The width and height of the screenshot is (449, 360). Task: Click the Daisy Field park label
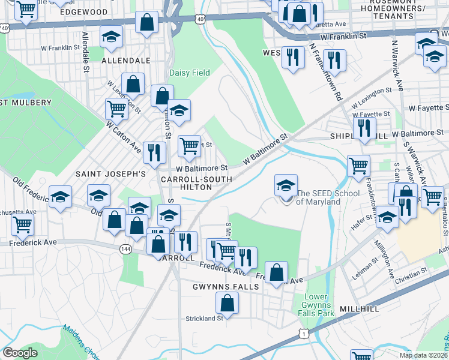pyautogui.click(x=189, y=73)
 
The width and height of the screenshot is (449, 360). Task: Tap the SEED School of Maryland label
pyautogui.click(x=328, y=197)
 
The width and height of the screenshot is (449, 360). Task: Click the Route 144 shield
pyautogui.click(x=126, y=250)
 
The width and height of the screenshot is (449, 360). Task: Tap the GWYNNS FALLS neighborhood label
pyautogui.click(x=225, y=287)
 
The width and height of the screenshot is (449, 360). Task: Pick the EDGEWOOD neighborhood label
pyautogui.click(x=84, y=12)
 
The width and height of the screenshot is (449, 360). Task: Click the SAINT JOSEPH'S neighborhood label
pyautogui.click(x=110, y=173)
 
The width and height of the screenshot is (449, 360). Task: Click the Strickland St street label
pyautogui.click(x=204, y=318)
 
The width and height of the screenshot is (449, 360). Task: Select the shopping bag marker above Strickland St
pyautogui.click(x=227, y=304)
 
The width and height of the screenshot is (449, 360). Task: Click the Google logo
pyautogui.click(x=20, y=353)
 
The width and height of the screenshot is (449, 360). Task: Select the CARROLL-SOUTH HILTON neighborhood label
pyautogui.click(x=187, y=183)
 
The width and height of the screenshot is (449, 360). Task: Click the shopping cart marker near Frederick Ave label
pyautogui.click(x=22, y=225)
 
